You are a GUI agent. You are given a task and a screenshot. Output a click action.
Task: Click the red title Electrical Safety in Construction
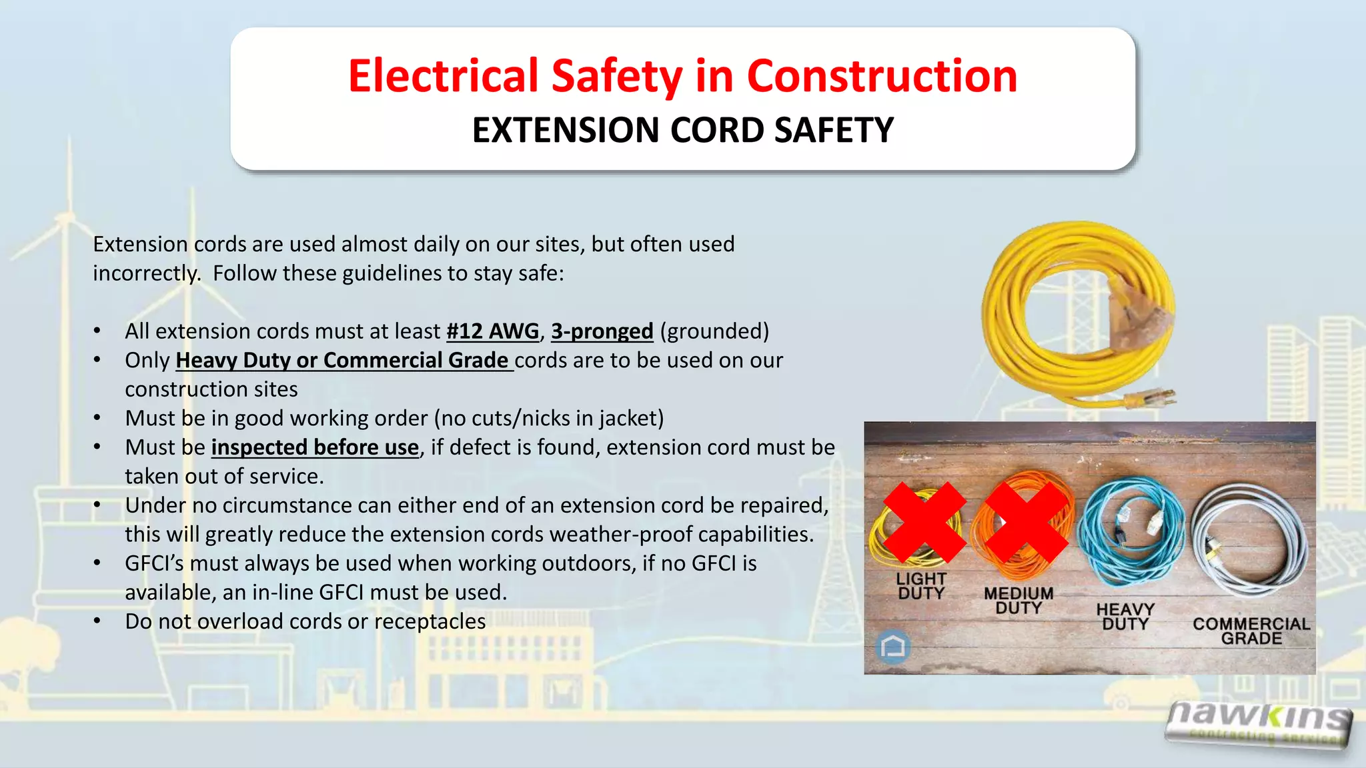click(682, 75)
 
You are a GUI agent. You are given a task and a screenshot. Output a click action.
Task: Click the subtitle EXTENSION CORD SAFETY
click(682, 130)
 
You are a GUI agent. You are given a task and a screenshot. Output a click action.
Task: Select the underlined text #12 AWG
click(492, 331)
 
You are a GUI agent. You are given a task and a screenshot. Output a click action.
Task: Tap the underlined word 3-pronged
click(602, 331)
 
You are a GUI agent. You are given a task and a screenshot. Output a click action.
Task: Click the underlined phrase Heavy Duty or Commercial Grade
click(344, 361)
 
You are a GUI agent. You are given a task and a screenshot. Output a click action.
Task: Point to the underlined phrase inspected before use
click(315, 447)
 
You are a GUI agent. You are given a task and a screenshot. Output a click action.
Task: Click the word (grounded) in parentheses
click(714, 331)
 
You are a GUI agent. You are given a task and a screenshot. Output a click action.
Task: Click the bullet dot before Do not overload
click(97, 621)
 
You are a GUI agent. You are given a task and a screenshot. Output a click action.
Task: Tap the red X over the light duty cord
click(924, 522)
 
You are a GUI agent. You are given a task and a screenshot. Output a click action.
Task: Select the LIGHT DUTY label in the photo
click(921, 586)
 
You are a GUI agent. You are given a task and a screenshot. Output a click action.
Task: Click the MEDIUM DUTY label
click(1018, 601)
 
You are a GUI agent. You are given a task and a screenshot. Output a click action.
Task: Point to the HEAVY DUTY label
click(1125, 617)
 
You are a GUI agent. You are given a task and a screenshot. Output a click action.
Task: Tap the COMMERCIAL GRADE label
click(1251, 631)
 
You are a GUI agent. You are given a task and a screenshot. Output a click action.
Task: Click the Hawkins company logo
click(1260, 725)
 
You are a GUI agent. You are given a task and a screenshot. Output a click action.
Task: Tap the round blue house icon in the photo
click(893, 646)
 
